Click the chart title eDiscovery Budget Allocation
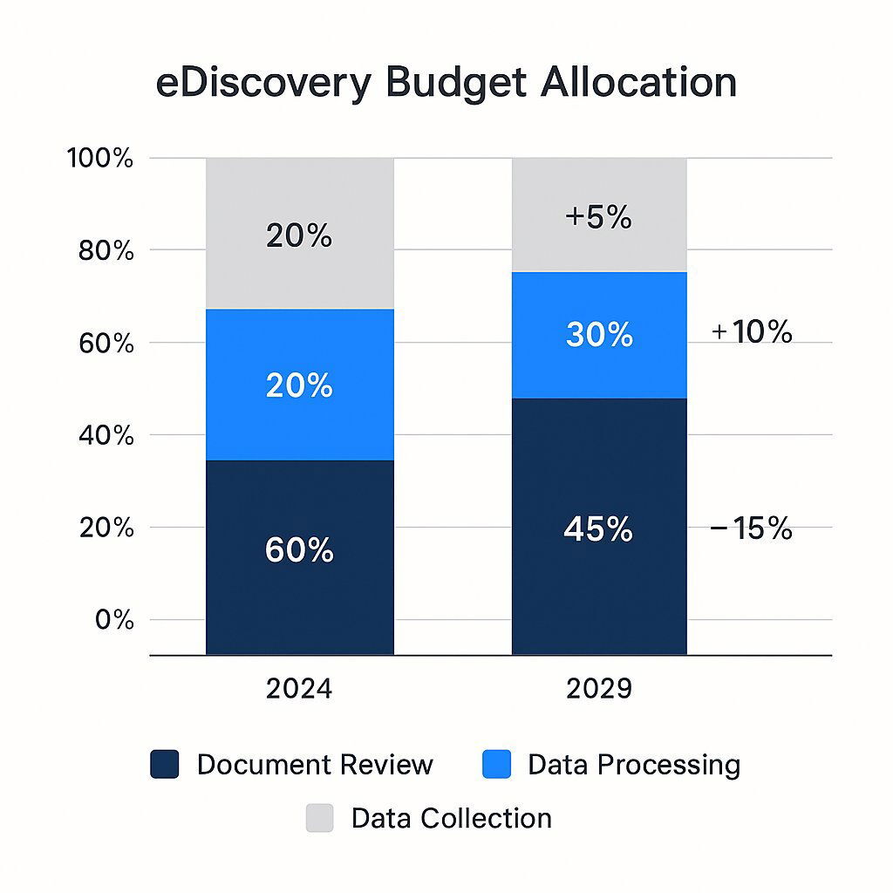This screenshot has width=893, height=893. (x=446, y=83)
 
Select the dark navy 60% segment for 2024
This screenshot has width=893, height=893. (x=299, y=556)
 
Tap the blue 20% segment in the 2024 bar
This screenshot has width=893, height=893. (x=299, y=385)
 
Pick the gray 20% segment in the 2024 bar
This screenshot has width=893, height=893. (x=299, y=234)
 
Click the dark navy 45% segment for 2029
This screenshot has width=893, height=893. (x=598, y=526)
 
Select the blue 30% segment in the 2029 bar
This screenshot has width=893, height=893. (x=598, y=335)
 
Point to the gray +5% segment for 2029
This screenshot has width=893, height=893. (x=598, y=215)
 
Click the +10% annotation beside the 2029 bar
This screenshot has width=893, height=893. (x=752, y=332)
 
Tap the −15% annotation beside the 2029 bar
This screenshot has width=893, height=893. (x=752, y=528)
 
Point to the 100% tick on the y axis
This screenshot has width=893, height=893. (x=100, y=159)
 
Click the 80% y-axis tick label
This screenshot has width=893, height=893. (x=104, y=251)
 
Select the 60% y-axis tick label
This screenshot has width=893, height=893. (x=104, y=344)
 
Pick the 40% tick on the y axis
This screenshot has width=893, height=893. (x=104, y=436)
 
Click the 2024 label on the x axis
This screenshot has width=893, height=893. (x=299, y=689)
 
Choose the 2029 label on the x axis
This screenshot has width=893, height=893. (x=598, y=689)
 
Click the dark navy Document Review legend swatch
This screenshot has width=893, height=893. (x=165, y=765)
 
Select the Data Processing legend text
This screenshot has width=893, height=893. (x=634, y=765)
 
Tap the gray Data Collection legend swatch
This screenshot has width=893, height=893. (x=319, y=818)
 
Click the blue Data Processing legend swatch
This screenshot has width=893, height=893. (x=496, y=765)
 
